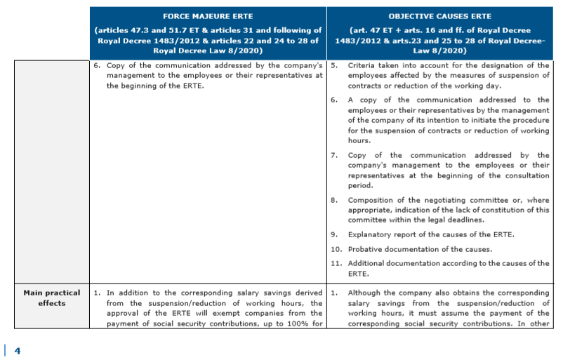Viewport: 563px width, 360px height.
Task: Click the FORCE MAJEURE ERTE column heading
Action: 208,15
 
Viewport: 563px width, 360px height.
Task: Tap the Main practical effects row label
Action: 52,298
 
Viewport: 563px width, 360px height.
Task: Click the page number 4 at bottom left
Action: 18,350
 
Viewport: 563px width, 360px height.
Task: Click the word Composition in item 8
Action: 372,200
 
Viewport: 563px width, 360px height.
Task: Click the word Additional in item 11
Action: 369,263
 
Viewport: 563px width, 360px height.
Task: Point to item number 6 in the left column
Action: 98,66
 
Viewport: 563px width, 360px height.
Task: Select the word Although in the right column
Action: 366,293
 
